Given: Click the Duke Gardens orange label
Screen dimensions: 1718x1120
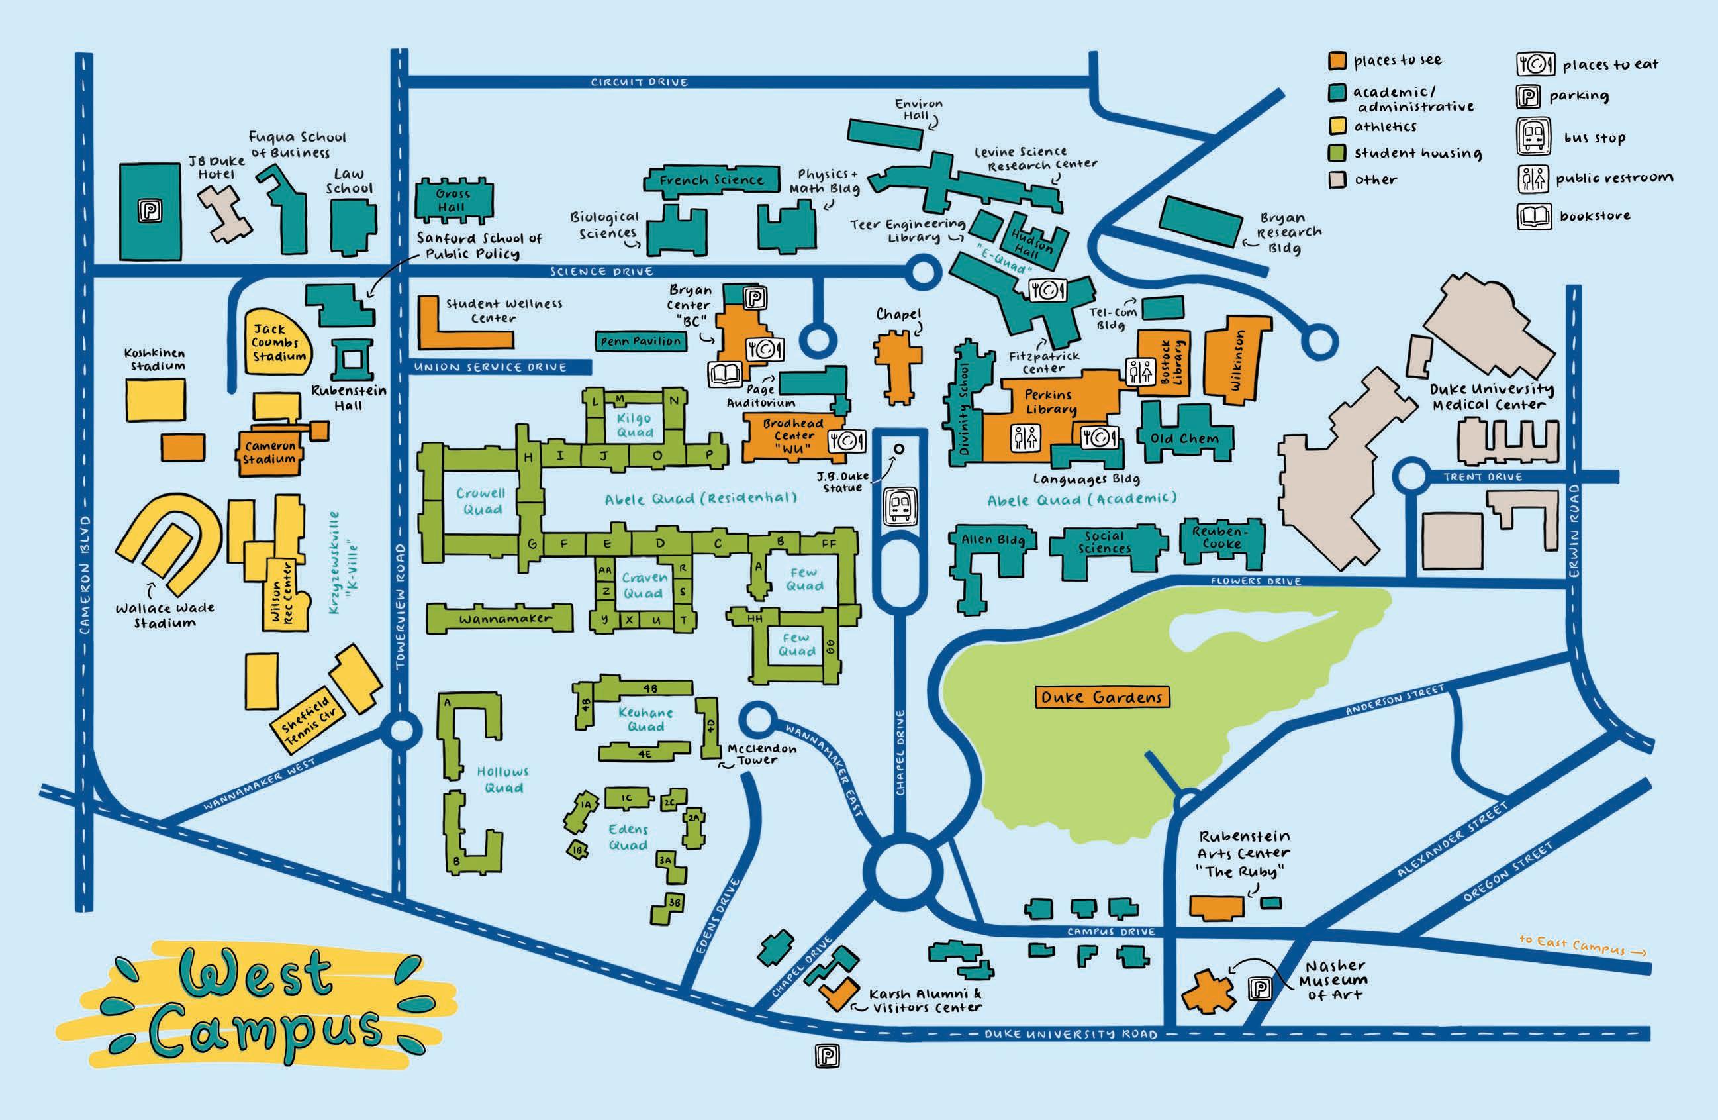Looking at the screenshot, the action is click(x=1102, y=697).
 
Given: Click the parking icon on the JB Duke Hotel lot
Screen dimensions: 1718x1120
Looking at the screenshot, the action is click(x=151, y=211).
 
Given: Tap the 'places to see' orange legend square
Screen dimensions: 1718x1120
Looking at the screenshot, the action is click(x=1337, y=61).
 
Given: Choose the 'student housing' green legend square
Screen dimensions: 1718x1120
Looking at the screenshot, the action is click(x=1337, y=153).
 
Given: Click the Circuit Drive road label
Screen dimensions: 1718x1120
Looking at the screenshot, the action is click(x=639, y=82).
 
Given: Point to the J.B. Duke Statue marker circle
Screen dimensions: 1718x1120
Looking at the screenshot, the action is click(x=898, y=449).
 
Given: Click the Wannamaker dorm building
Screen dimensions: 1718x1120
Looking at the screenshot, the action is click(x=501, y=619).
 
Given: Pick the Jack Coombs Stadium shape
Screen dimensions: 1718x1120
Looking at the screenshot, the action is click(x=278, y=342).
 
